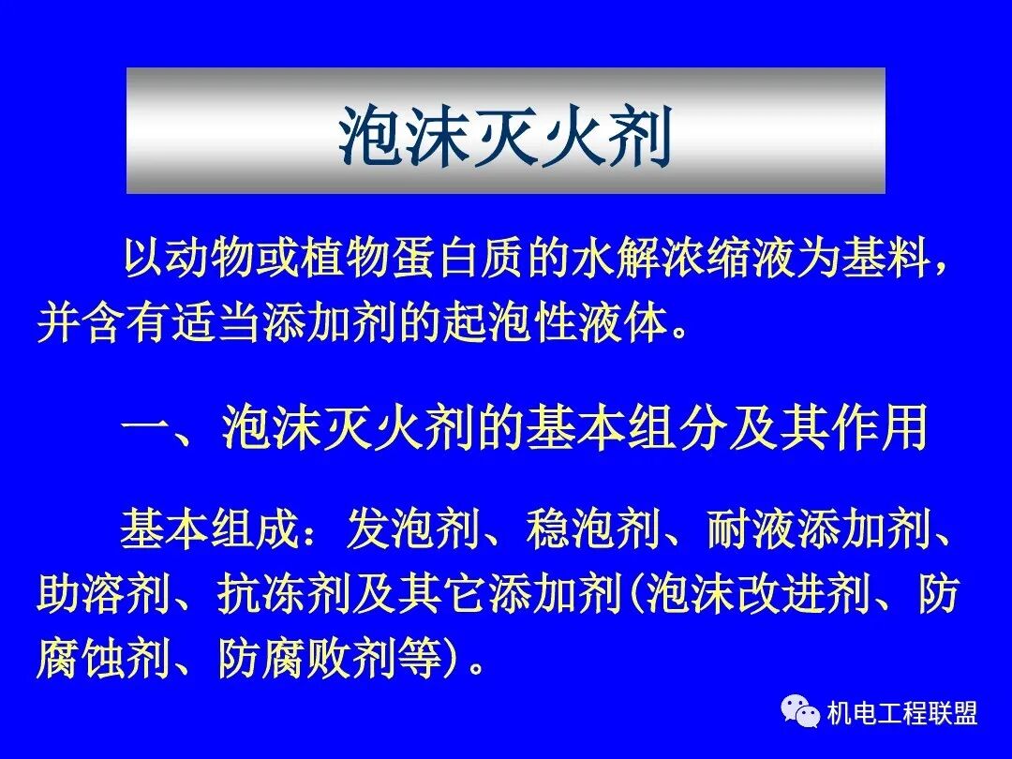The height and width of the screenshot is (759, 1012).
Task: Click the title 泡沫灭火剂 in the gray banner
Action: (x=506, y=137)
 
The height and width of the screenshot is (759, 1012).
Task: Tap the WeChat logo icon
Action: (x=800, y=713)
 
